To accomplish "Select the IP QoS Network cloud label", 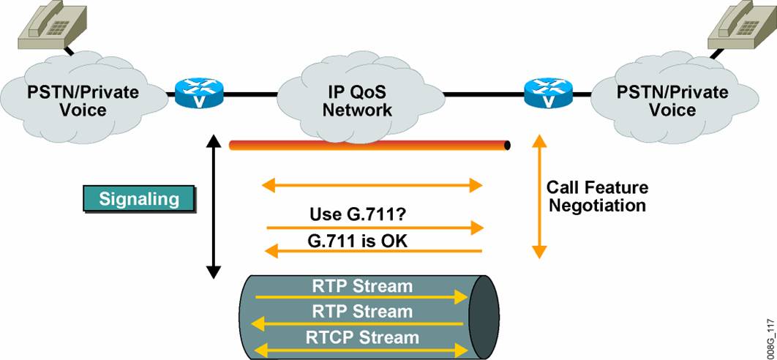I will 358,101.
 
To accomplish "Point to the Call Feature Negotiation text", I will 597,196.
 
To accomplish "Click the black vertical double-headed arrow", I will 214,206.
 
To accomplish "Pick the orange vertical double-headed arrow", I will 539,196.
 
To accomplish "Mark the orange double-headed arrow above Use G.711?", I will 372,186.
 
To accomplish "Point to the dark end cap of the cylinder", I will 484,315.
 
